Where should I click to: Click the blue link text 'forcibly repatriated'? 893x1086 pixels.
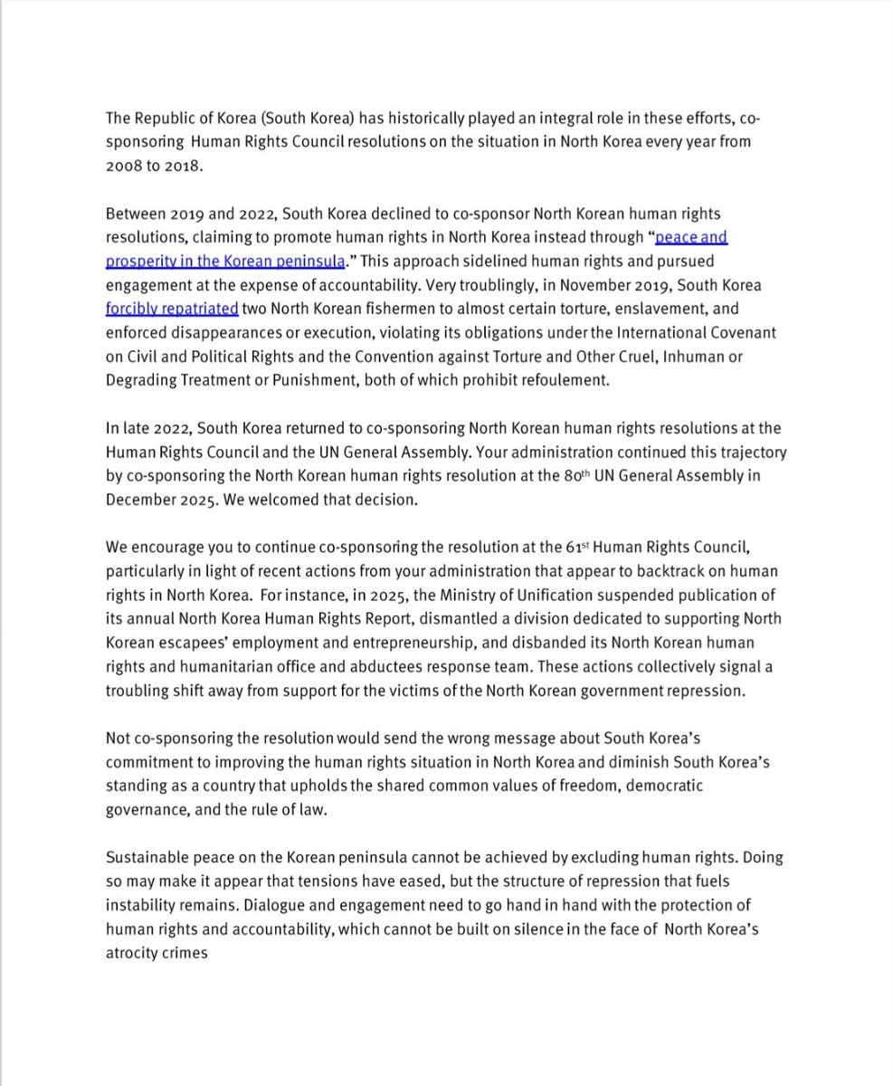coord(172,310)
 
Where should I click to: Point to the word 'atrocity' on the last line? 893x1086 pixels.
coord(132,952)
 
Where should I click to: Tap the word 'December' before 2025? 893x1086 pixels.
coord(138,499)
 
